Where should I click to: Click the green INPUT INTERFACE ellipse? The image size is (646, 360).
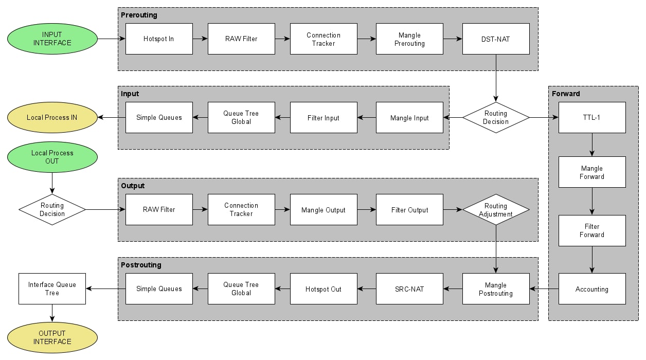click(52, 39)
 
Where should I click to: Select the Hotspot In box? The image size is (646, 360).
click(159, 39)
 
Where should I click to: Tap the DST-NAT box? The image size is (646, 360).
click(496, 39)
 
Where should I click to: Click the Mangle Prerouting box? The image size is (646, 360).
click(409, 39)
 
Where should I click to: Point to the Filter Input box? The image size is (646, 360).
click(324, 117)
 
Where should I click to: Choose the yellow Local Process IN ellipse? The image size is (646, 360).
click(52, 117)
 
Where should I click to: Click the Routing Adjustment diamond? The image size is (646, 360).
click(496, 210)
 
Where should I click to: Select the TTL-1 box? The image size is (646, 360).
click(592, 117)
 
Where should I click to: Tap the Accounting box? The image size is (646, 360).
click(592, 289)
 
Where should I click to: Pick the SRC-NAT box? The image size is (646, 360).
click(409, 289)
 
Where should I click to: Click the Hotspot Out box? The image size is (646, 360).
click(324, 289)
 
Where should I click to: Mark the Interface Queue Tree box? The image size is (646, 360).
click(52, 289)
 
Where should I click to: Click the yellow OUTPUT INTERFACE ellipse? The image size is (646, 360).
click(52, 337)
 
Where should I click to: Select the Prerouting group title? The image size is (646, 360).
click(139, 15)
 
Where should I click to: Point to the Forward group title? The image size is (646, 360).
click(566, 94)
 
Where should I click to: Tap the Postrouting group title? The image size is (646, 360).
click(141, 265)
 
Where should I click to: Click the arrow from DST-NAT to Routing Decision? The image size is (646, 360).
click(496, 78)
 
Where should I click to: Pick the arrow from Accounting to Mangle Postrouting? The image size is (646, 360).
click(544, 289)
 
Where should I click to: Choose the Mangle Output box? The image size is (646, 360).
click(324, 210)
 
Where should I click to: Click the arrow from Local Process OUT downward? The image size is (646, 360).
click(52, 183)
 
